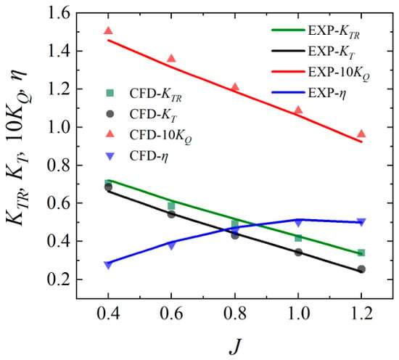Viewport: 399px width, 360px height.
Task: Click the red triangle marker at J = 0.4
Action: tap(108, 31)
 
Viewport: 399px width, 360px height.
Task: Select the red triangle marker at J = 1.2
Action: tap(361, 134)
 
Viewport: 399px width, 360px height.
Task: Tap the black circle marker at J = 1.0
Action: tap(298, 253)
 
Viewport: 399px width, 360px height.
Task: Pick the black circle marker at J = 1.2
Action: tap(361, 269)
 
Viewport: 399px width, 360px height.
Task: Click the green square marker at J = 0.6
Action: tap(171, 205)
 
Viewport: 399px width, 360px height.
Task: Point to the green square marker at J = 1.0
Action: tap(298, 238)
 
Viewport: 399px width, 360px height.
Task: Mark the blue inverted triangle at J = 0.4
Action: tap(108, 266)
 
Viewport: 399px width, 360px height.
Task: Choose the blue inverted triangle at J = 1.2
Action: tap(361, 222)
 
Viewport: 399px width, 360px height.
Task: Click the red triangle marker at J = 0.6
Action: tap(171, 59)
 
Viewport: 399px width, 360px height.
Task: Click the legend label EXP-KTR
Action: tap(334, 32)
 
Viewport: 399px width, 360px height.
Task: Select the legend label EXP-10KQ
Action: tap(339, 74)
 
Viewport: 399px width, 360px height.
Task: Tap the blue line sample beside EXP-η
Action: tap(288, 93)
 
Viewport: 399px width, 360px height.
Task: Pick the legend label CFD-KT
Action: tap(153, 115)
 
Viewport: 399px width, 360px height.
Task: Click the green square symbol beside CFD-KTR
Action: tap(110, 93)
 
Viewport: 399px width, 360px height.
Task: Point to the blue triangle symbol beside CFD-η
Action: tap(110, 156)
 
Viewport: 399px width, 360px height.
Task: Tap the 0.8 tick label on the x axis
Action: tap(235, 314)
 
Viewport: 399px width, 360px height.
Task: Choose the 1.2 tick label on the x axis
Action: tap(361, 314)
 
